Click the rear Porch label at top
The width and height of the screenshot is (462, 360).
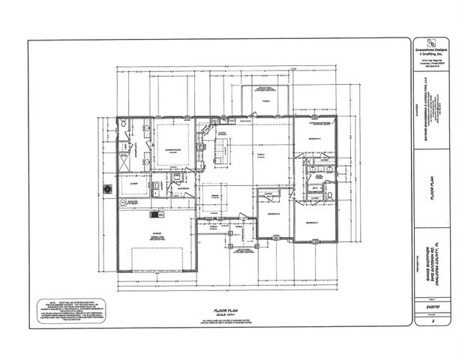(x=265, y=100)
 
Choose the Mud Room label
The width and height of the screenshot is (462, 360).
(x=172, y=188)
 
